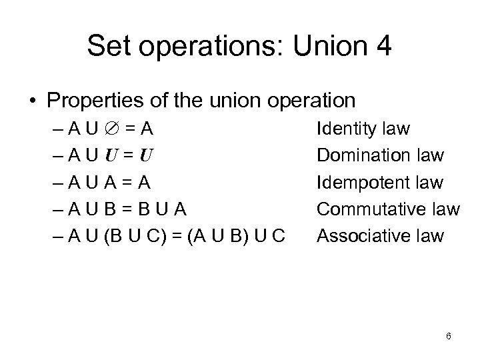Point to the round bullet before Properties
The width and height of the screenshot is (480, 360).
(33, 101)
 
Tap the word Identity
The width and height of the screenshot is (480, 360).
(347, 127)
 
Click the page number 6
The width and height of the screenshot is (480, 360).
(449, 336)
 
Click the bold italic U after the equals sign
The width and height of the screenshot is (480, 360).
(147, 156)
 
